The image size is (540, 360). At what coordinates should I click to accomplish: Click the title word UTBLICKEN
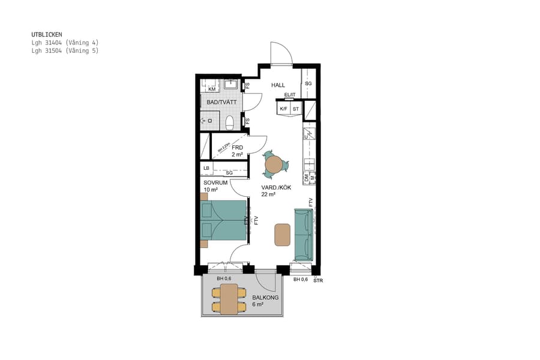[47, 35]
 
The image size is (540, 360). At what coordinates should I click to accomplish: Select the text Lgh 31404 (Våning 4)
[65, 43]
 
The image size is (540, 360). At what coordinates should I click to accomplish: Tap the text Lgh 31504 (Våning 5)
[65, 51]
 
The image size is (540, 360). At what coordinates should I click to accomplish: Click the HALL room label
[278, 85]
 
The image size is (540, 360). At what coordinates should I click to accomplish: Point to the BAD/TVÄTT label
[221, 103]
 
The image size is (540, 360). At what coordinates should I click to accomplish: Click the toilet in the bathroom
[229, 123]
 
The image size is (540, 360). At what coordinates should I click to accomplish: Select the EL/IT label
[290, 95]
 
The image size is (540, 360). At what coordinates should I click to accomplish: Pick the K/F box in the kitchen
[283, 109]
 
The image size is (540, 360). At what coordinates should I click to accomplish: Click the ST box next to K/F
[296, 109]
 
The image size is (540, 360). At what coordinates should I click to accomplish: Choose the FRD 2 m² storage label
[237, 151]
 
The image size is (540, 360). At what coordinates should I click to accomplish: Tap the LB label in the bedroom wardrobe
[206, 168]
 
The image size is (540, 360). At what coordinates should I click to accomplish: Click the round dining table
[274, 164]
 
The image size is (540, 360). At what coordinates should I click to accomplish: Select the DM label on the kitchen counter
[307, 177]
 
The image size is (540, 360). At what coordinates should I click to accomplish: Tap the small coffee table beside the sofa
[282, 235]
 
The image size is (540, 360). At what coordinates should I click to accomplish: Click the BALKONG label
[265, 298]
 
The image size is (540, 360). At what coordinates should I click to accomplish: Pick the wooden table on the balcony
[229, 299]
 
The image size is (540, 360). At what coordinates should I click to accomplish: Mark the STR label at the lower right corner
[318, 280]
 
